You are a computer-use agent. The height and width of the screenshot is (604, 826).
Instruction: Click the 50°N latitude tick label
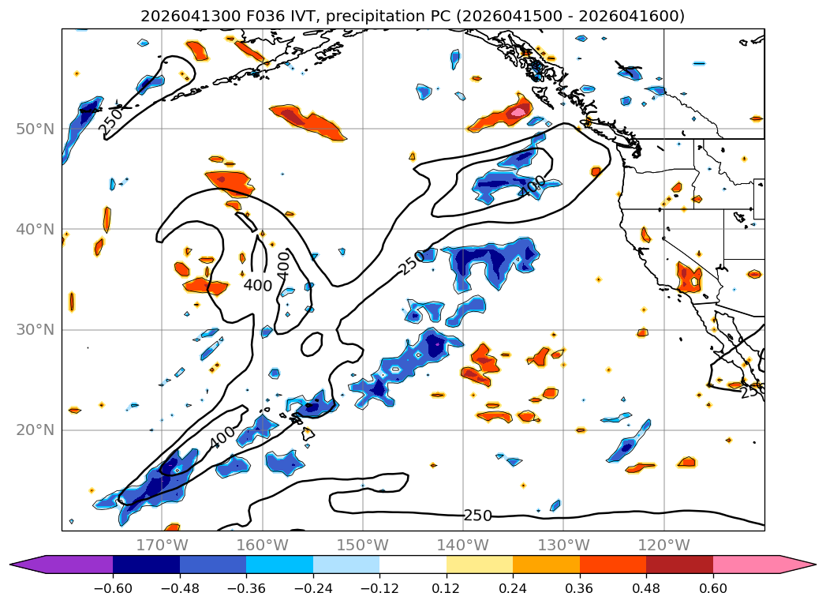click(36, 129)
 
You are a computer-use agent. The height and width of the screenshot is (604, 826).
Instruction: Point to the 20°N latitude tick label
click(36, 430)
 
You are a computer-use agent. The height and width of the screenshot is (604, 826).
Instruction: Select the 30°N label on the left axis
click(36, 330)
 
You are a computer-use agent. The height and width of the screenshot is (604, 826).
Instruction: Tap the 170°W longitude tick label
click(162, 545)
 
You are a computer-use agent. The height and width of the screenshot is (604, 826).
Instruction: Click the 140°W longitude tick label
click(463, 545)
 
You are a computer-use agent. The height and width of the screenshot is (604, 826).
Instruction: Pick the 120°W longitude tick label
click(663, 545)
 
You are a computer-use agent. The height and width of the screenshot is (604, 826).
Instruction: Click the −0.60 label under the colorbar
click(113, 588)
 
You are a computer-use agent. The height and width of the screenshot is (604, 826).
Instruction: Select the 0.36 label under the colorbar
click(580, 588)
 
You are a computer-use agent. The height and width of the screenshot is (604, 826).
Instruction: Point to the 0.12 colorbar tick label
click(447, 588)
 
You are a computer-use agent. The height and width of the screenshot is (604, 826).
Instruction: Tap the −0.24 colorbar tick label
click(313, 588)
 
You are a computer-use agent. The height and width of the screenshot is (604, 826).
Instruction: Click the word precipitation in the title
click(388, 17)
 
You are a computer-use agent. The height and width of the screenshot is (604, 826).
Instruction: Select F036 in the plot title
click(261, 16)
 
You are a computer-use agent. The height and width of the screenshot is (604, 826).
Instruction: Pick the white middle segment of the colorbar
click(413, 565)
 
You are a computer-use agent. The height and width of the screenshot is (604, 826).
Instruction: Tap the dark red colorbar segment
click(679, 565)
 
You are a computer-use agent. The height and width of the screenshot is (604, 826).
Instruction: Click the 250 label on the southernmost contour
click(478, 516)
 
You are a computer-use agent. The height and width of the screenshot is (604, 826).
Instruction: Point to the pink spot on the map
click(518, 112)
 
